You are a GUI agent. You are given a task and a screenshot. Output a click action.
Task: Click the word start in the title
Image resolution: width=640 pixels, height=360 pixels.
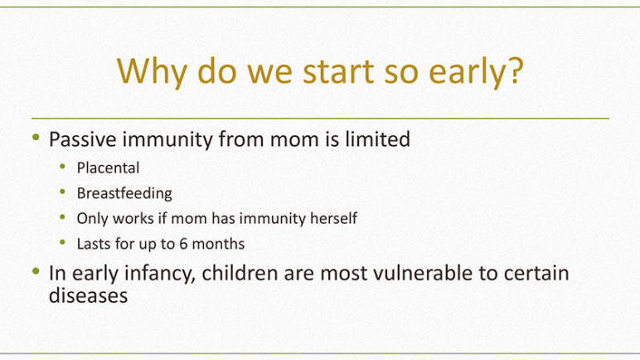tap(339, 71)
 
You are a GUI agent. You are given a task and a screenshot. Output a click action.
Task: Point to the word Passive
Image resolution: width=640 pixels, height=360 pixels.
tap(83, 139)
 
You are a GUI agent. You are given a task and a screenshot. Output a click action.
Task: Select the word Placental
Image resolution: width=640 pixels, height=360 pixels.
tap(108, 168)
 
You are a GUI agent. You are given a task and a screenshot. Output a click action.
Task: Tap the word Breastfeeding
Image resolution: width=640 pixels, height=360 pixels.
tap(124, 193)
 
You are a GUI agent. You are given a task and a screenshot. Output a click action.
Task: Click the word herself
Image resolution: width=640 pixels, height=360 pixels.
tap(334, 218)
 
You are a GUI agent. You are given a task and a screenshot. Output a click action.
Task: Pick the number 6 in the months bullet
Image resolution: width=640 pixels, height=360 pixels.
tap(183, 244)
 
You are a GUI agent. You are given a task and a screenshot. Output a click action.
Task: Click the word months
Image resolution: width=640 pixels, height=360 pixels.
tap(218, 244)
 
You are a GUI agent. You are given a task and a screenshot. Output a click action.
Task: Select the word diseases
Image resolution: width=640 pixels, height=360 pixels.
tap(88, 295)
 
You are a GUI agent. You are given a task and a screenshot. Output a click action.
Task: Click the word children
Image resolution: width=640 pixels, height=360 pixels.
tap(240, 273)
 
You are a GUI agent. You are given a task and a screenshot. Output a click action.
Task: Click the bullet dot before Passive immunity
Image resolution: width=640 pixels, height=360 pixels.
tap(36, 138)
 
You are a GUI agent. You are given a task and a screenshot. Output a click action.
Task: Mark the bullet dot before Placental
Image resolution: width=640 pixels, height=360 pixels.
tap(62, 166)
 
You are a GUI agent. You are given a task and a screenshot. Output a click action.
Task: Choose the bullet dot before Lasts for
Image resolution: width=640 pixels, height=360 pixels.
tap(62, 242)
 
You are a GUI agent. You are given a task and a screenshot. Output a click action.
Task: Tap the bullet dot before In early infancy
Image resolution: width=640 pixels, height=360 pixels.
tap(36, 271)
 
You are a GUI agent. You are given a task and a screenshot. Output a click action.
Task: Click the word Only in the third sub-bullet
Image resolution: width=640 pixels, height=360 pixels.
tap(93, 219)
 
